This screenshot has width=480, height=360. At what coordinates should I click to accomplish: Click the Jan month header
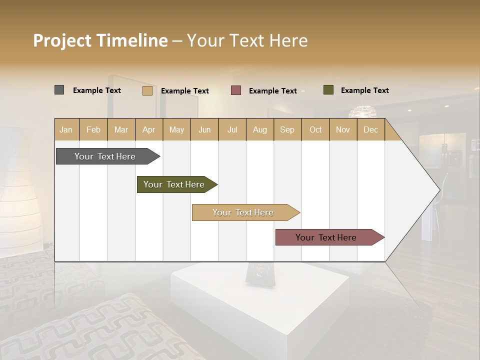pos(66,129)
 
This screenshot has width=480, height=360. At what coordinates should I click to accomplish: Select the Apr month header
pos(149,129)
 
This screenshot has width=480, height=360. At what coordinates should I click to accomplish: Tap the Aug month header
pos(260,129)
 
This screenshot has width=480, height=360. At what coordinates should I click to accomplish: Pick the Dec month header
pos(371,129)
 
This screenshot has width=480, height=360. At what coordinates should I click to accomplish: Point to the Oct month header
pos(315,129)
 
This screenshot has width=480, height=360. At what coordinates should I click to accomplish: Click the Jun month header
pos(204,129)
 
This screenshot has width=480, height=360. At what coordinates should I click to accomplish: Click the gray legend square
pos(59,90)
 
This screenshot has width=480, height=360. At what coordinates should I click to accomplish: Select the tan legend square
pos(147,90)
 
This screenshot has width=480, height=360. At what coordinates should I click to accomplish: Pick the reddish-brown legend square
pos(236,90)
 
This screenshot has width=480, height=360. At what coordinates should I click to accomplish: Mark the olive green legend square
pos(328,90)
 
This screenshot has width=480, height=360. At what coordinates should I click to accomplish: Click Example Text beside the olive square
pos(364,90)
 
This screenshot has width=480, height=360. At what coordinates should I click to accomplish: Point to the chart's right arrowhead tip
pos(439,189)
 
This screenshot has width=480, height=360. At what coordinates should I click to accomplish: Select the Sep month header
pos(287,129)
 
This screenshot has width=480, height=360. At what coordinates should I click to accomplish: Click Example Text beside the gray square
pos(97,90)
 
